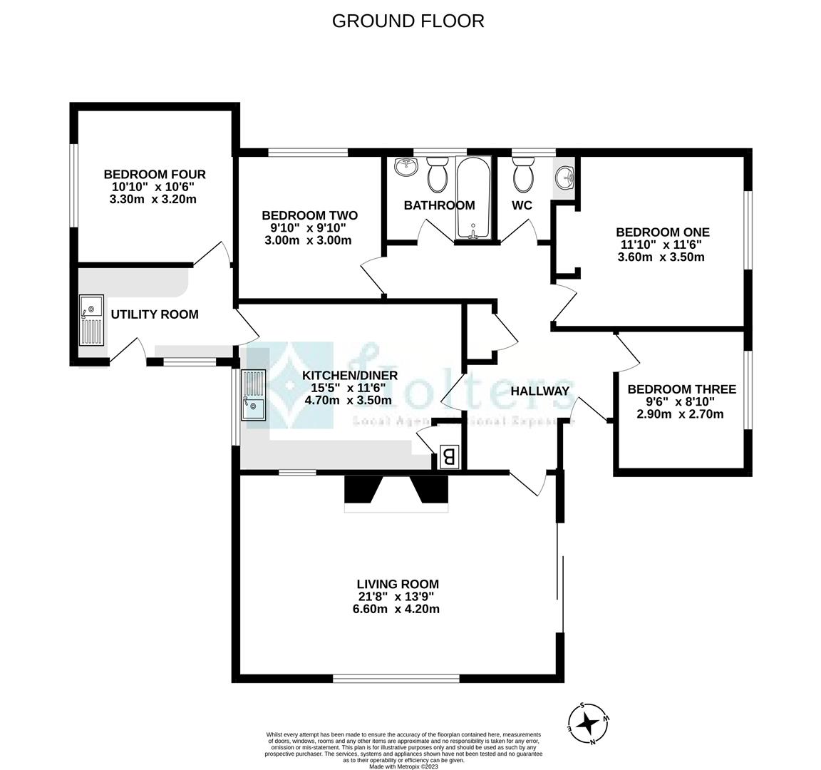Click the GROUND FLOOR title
pos(408,21)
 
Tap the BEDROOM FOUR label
pos(155,174)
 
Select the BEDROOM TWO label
pos(309,215)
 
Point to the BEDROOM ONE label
pos(662,232)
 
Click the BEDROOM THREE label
pos(681,389)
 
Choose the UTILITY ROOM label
pos(154,314)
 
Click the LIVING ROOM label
pos(398,584)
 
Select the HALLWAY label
pos(540,391)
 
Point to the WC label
pos(522,205)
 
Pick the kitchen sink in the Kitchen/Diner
pos(252,396)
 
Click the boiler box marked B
pos(449,456)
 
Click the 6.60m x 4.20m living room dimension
pos(398,609)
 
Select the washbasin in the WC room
pos(565,174)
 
